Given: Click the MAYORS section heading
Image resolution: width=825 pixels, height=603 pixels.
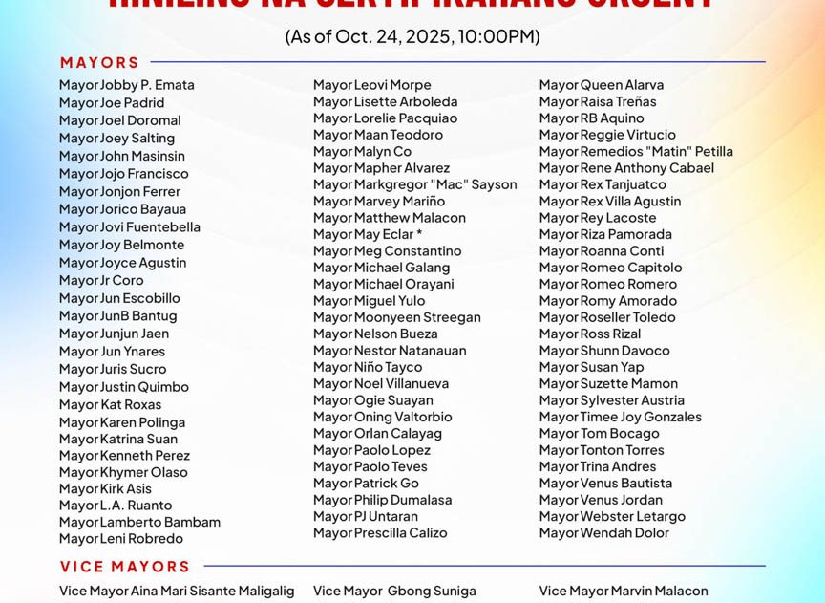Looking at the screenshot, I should tap(99, 63).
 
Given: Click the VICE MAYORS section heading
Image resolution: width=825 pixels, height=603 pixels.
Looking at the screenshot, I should tap(125, 567).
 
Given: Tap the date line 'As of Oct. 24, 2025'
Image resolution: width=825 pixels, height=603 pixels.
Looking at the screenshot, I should tap(412, 37).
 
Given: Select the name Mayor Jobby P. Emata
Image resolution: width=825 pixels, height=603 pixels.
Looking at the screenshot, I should tap(126, 85).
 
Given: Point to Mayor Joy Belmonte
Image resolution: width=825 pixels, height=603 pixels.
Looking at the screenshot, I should tap(121, 245).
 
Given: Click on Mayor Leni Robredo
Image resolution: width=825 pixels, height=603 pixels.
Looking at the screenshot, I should tap(120, 539).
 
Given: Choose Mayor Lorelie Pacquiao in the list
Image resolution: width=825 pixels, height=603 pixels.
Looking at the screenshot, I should tap(385, 118).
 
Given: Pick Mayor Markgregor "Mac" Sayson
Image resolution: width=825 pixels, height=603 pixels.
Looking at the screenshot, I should tap(414, 184).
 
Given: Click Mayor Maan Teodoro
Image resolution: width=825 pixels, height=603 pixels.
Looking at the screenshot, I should tap(377, 135).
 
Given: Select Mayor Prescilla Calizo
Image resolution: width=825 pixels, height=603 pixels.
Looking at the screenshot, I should tap(380, 533).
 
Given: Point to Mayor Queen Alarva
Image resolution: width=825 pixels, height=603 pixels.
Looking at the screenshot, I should tap(601, 85).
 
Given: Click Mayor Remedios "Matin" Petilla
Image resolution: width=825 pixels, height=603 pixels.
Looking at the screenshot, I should tap(636, 151).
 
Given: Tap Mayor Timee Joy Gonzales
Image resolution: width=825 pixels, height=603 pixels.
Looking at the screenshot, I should tap(620, 417).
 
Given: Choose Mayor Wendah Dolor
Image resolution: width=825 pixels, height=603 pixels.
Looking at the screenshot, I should tap(603, 533).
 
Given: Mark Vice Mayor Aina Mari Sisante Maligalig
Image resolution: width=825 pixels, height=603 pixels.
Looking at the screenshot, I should tap(177, 592).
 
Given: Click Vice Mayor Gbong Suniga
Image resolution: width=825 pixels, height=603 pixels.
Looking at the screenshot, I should tap(393, 592).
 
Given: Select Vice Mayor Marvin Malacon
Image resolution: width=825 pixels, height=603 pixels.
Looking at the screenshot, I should tap(623, 592).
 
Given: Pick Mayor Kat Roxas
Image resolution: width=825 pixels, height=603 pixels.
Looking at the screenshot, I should tap(110, 404).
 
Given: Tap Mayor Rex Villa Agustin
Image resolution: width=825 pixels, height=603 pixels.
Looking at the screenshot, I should tap(609, 202).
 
